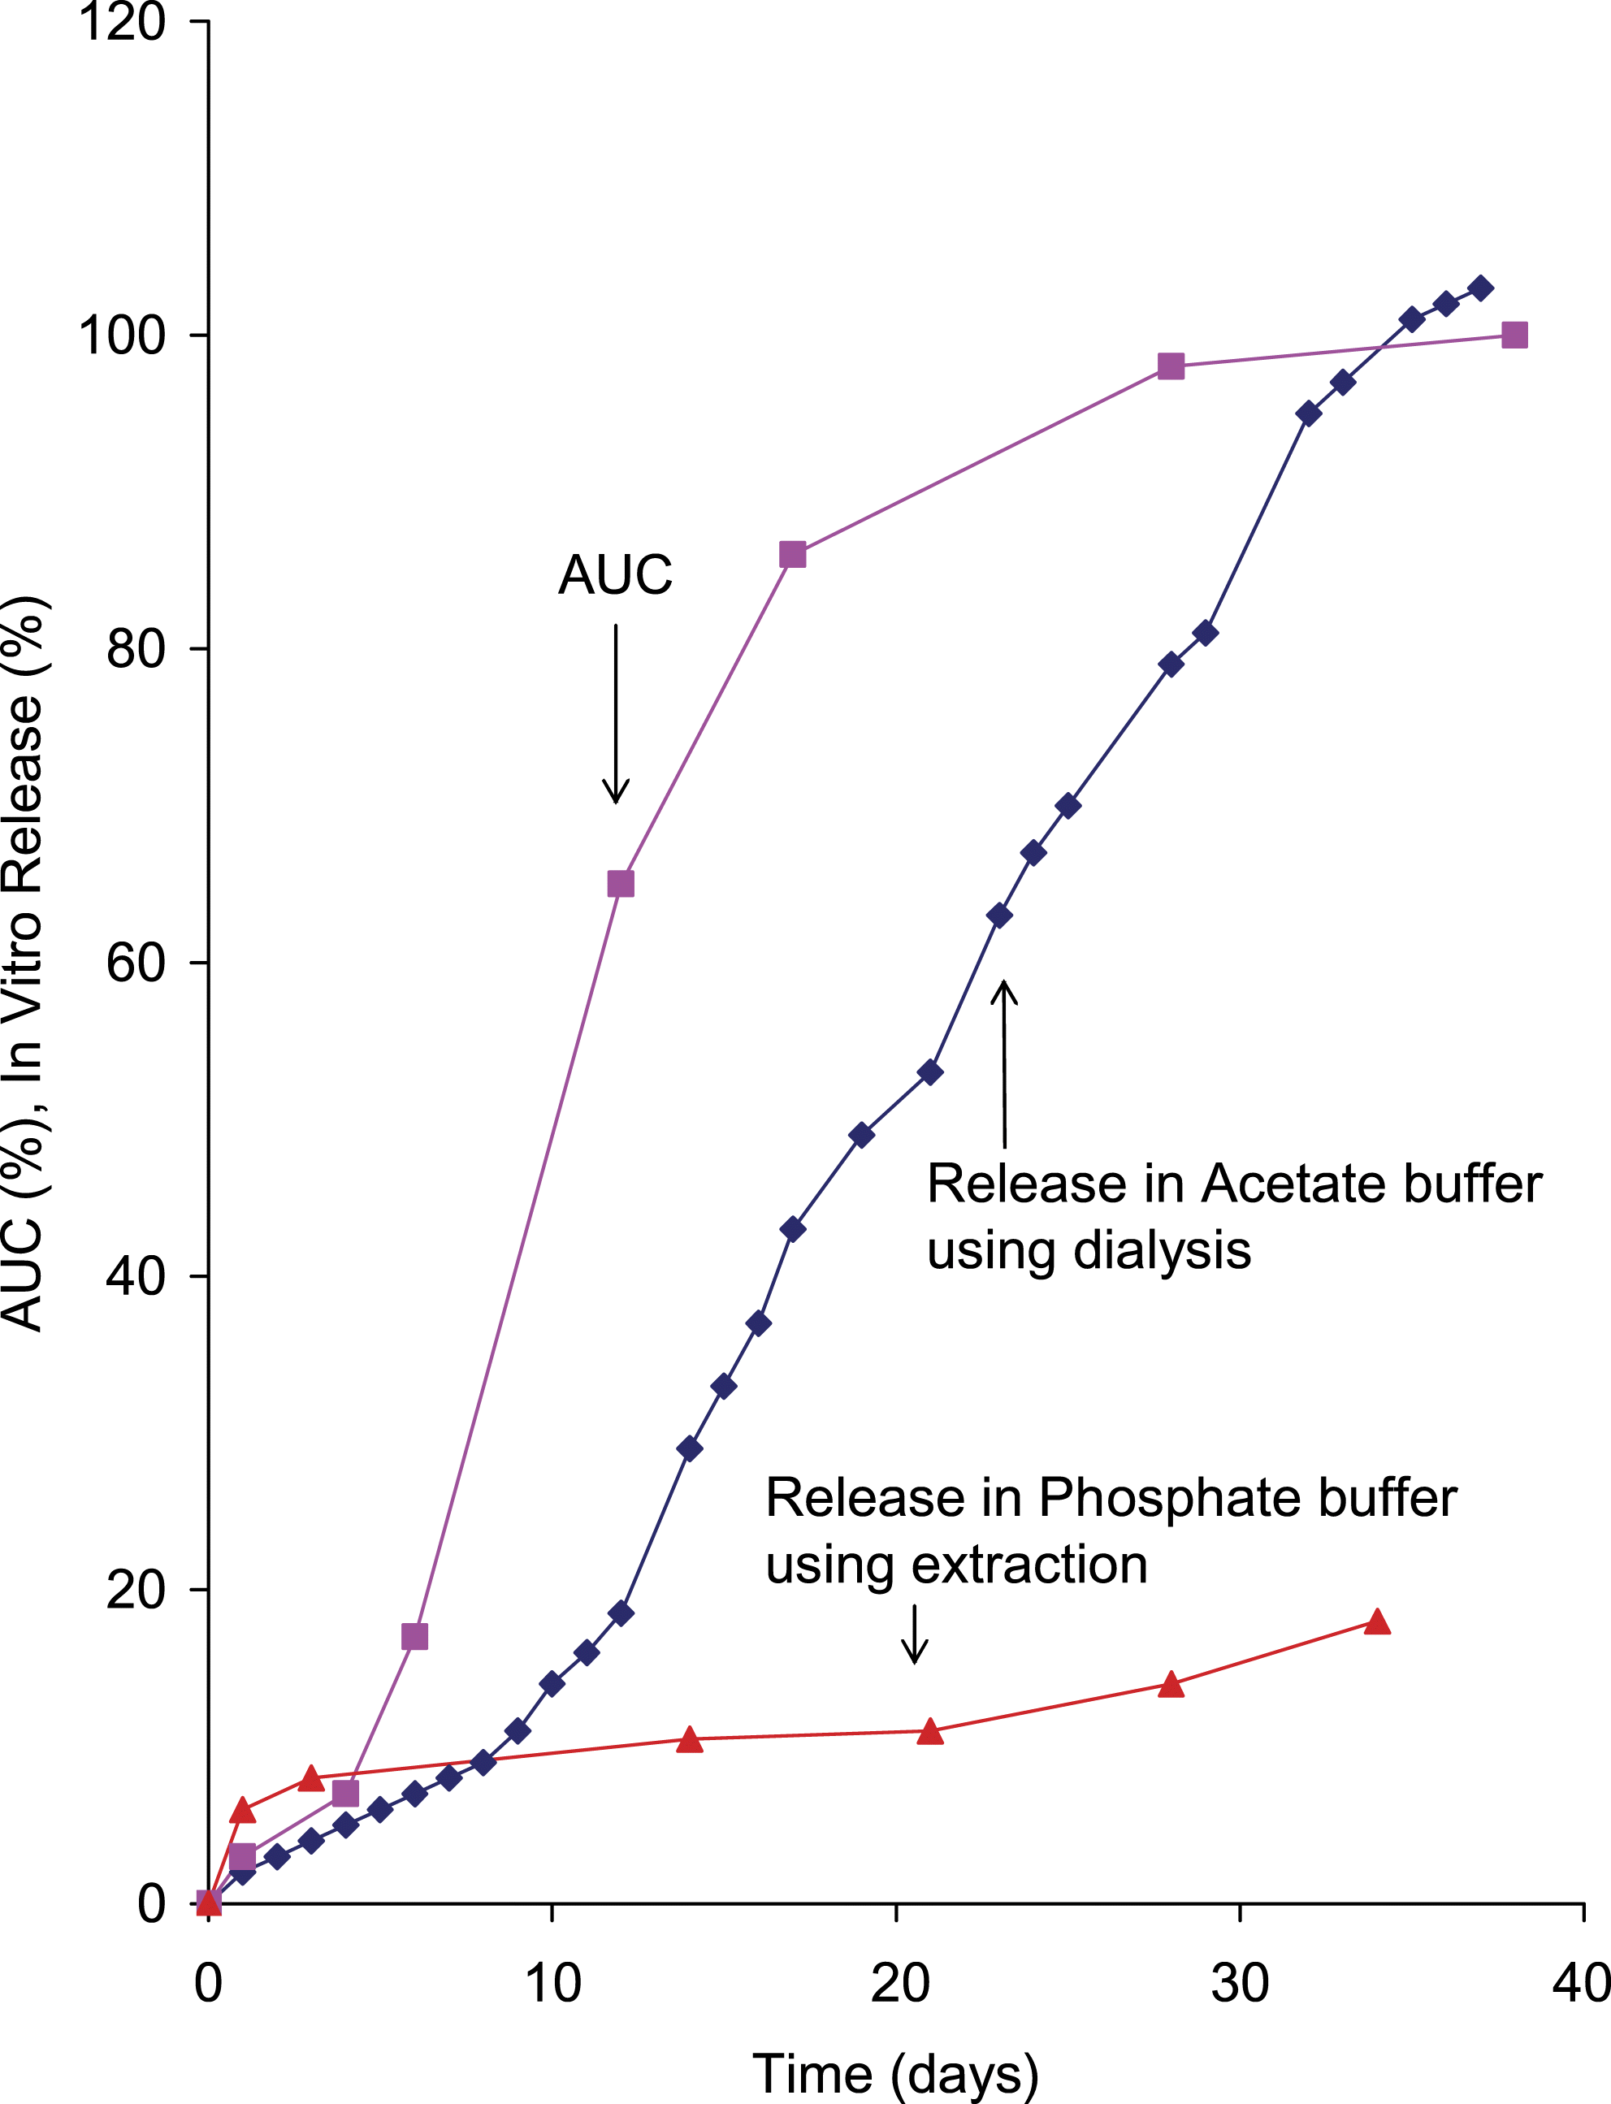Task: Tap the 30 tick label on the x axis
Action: [1239, 1983]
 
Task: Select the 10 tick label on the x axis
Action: [552, 1983]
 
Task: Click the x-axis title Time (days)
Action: [894, 2073]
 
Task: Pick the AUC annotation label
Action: [615, 575]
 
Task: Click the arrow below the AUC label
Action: [616, 713]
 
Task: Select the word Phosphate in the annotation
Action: [1170, 1497]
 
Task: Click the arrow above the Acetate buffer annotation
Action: [1004, 1063]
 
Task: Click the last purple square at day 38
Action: [1514, 336]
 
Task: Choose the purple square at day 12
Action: [621, 883]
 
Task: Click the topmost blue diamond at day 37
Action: [1480, 288]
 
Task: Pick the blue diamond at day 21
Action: [929, 1072]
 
